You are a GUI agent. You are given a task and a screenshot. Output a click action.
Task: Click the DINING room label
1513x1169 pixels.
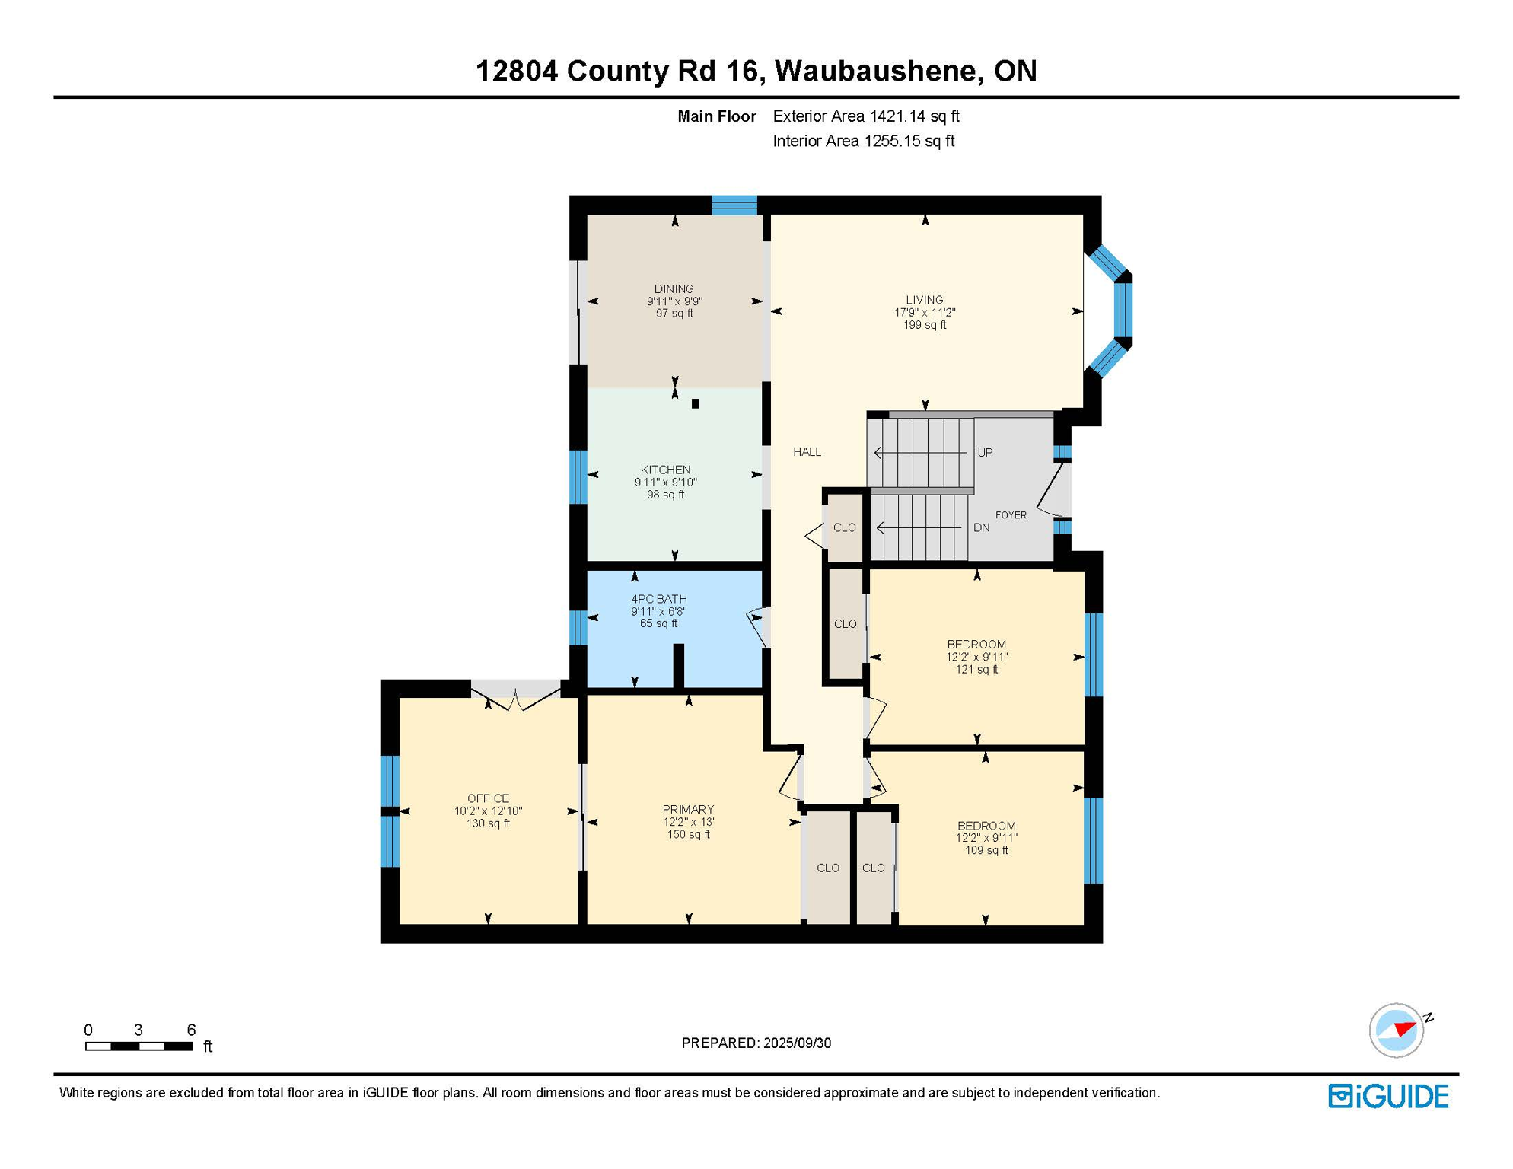pyautogui.click(x=674, y=289)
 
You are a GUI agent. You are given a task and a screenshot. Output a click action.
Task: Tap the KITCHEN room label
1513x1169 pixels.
pyautogui.click(x=665, y=470)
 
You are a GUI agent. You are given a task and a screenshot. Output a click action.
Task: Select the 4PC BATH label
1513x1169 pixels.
pyautogui.click(x=658, y=599)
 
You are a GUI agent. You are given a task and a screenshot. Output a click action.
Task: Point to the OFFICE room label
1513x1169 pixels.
pyautogui.click(x=488, y=798)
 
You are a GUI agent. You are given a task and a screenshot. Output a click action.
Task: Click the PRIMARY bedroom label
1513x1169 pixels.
pyautogui.click(x=688, y=809)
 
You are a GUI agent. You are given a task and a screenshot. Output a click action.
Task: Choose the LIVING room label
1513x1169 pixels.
pyautogui.click(x=924, y=300)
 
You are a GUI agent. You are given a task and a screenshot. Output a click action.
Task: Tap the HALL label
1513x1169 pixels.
pyautogui.click(x=807, y=452)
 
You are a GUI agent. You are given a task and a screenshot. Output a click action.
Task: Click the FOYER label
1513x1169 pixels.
pyautogui.click(x=1011, y=515)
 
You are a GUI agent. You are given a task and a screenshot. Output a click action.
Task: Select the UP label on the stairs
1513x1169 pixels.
pyautogui.click(x=985, y=453)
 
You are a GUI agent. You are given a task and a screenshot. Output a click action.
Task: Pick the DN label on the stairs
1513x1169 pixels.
pyautogui.click(x=981, y=527)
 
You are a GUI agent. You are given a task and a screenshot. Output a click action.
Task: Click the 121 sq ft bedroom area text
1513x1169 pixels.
pyautogui.click(x=976, y=670)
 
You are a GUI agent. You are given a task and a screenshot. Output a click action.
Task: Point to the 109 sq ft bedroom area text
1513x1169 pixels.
pyautogui.click(x=986, y=850)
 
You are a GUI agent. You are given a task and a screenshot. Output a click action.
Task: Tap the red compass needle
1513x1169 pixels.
pyautogui.click(x=1404, y=1030)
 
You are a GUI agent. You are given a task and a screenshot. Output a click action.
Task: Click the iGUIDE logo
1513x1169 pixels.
pyautogui.click(x=1388, y=1096)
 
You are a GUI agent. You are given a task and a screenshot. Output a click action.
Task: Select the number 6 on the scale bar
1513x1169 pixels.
pyautogui.click(x=191, y=1030)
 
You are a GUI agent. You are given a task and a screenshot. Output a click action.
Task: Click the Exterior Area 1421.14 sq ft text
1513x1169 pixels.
pyautogui.click(x=865, y=116)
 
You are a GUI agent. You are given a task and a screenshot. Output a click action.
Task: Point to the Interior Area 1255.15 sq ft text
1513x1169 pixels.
pyautogui.click(x=863, y=141)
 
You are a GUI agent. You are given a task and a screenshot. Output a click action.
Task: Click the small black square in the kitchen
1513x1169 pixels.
pyautogui.click(x=695, y=404)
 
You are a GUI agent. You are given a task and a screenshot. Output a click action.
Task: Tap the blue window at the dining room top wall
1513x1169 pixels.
pyautogui.click(x=734, y=205)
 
